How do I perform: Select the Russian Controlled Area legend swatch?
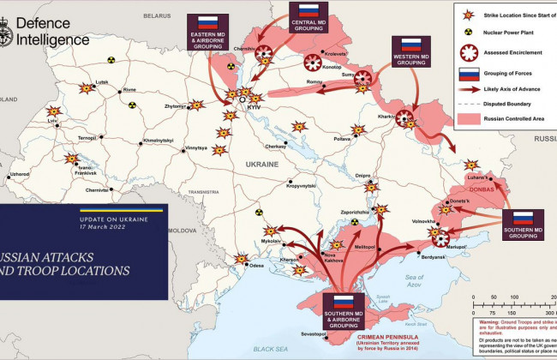[x=470, y=118]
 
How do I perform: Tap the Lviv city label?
[x=53, y=123]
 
